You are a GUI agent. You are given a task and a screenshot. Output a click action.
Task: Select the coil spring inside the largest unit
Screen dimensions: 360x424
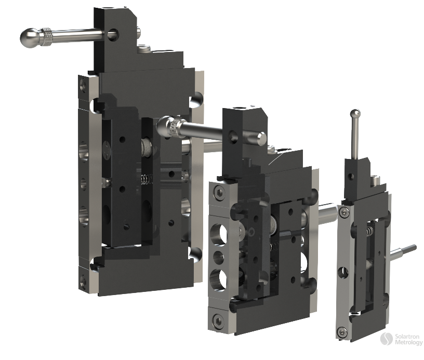coord(146,179)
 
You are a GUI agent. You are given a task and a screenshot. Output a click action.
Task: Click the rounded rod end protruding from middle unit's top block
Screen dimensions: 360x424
coord(260,138)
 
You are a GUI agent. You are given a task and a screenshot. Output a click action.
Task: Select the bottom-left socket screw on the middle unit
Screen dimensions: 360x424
coord(217,318)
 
